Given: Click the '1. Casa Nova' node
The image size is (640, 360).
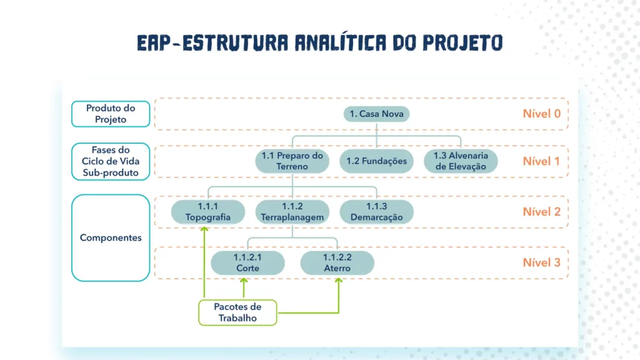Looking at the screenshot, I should click(377, 114).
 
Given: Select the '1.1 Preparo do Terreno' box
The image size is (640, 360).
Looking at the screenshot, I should click(292, 161).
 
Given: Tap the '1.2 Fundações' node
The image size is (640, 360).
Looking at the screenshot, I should click(376, 161).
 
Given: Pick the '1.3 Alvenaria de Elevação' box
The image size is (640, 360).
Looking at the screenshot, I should click(461, 161).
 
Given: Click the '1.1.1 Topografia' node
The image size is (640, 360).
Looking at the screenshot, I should click(207, 212).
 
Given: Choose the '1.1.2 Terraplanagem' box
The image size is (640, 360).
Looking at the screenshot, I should click(292, 212).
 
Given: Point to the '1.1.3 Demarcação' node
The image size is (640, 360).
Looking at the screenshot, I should click(376, 212).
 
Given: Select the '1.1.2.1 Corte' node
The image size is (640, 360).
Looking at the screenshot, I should click(247, 262).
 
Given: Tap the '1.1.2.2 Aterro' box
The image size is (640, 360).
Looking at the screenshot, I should click(337, 262).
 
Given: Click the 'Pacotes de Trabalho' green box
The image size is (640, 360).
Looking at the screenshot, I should click(237, 312).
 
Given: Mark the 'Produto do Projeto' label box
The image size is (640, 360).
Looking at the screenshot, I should click(111, 114).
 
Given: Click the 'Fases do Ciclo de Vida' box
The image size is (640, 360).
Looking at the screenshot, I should click(111, 161).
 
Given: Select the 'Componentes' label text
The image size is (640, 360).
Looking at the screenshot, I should click(111, 238).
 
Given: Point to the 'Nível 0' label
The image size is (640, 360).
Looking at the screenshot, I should click(541, 114).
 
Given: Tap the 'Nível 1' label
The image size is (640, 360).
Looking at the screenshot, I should click(541, 161).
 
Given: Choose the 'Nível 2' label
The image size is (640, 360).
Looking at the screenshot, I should click(541, 212).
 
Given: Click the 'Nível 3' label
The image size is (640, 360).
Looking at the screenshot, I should click(541, 262).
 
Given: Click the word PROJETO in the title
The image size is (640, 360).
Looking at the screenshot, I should click(463, 42).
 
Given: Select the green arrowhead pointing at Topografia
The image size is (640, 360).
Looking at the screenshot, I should click(204, 229).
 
